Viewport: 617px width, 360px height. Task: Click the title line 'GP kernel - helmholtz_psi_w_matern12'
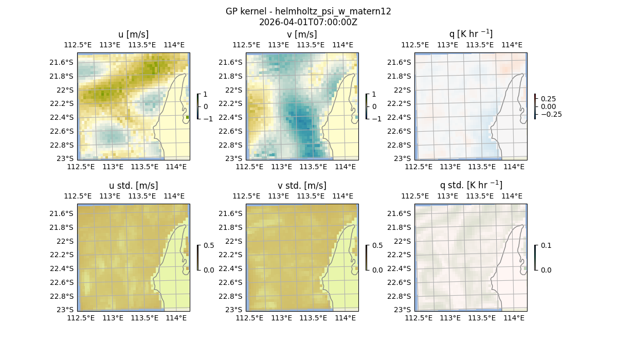coord(308,11)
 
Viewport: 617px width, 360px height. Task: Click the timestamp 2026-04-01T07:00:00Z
coord(308,22)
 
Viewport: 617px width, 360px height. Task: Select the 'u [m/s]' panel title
coord(133,34)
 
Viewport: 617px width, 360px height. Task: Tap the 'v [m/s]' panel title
coord(302,34)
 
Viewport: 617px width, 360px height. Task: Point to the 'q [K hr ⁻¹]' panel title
coord(470,34)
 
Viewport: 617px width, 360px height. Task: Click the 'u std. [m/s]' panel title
coord(133,186)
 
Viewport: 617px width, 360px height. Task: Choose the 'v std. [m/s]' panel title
coord(302,186)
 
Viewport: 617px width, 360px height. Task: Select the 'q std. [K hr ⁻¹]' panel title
coord(470,185)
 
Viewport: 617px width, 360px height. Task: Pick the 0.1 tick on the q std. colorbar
coord(545,245)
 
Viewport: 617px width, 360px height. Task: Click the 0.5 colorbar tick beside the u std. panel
coord(208,245)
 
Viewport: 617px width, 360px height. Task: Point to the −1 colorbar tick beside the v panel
coord(377,118)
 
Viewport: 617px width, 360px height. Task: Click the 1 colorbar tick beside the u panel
coord(206,94)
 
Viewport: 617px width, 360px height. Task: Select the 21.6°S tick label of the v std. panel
coord(231,213)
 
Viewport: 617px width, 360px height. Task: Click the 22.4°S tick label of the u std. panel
coord(62,268)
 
